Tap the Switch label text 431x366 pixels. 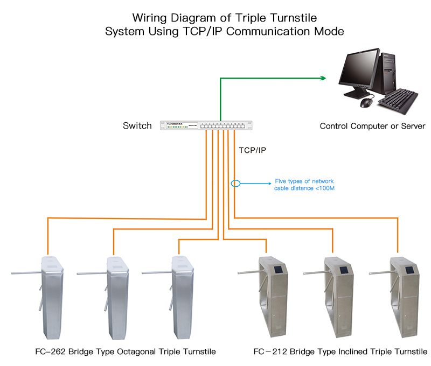point(137,126)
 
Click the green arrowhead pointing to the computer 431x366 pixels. point(323,78)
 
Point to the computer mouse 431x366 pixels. point(366,102)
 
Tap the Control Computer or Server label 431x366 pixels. point(372,126)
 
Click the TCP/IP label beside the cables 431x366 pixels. point(253,150)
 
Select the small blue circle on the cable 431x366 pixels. point(235,184)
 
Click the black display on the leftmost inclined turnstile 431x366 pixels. point(277,269)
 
